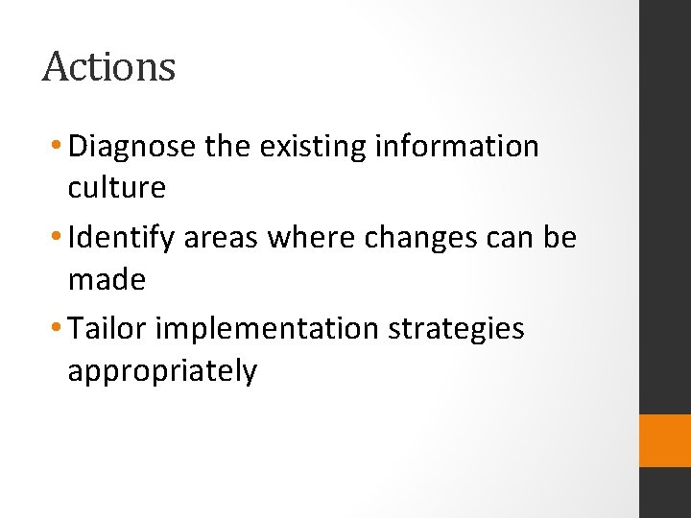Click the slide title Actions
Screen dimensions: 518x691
click(x=109, y=67)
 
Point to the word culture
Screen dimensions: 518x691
click(x=116, y=188)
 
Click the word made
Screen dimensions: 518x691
click(x=107, y=280)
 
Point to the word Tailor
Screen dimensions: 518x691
click(x=108, y=329)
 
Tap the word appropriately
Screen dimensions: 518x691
click(x=162, y=371)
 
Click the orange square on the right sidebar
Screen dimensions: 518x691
click(x=665, y=440)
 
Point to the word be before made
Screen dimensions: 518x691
click(x=560, y=238)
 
